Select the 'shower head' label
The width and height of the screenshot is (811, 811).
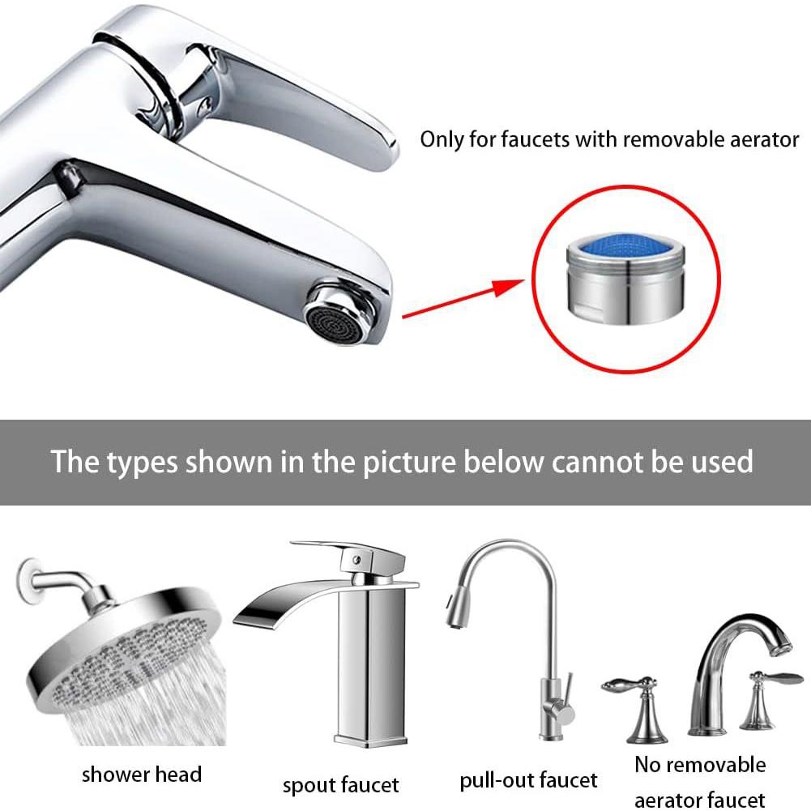click(x=141, y=775)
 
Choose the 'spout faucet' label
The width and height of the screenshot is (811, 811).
click(x=340, y=785)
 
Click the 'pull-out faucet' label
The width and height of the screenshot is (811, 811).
click(x=528, y=781)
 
